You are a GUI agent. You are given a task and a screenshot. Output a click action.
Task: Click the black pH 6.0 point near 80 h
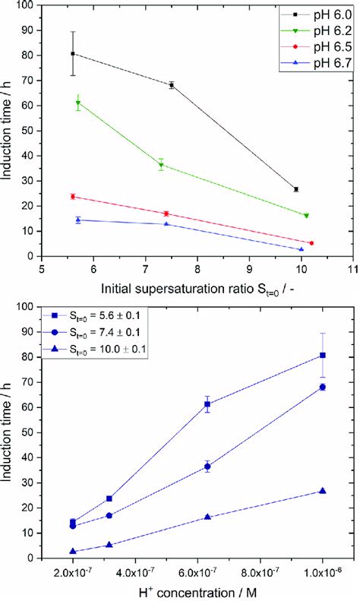[x=73, y=54]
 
